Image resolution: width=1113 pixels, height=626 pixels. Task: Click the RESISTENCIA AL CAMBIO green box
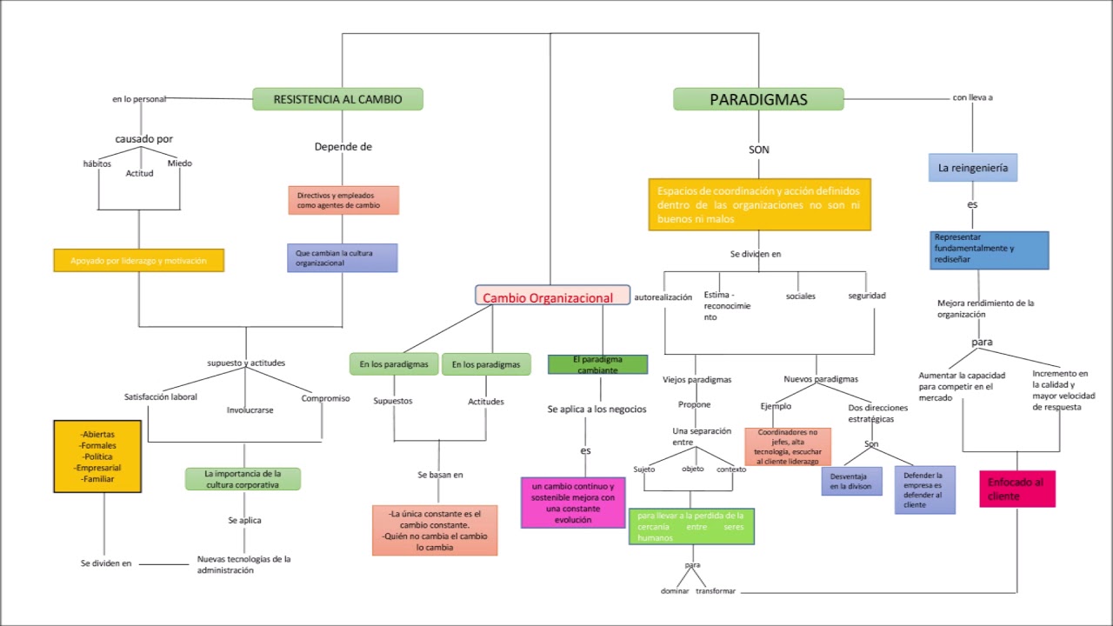pyautogui.click(x=337, y=99)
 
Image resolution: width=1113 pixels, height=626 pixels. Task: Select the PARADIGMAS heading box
pyautogui.click(x=758, y=99)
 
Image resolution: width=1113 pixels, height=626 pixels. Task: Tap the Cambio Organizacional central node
pyautogui.click(x=552, y=296)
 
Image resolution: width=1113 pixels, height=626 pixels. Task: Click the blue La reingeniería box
pyautogui.click(x=972, y=168)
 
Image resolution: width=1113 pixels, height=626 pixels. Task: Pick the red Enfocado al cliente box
pyautogui.click(x=1016, y=489)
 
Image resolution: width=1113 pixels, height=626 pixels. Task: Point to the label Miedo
pyautogui.click(x=180, y=163)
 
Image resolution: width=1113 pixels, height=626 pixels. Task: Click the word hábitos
pyautogui.click(x=97, y=163)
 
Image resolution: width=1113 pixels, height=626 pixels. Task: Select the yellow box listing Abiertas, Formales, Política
pyautogui.click(x=97, y=456)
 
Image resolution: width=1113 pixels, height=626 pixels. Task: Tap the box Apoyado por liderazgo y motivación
pyautogui.click(x=138, y=260)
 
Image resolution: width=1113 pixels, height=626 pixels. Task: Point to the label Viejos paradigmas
pyautogui.click(x=696, y=380)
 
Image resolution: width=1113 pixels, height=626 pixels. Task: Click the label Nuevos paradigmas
pyautogui.click(x=820, y=379)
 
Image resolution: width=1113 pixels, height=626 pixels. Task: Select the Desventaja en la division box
pyautogui.click(x=851, y=481)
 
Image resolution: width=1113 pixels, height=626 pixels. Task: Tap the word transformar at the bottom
pyautogui.click(x=716, y=591)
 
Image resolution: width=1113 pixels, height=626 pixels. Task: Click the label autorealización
pyautogui.click(x=663, y=296)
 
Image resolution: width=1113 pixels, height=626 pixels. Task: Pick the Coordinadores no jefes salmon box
pyautogui.click(x=787, y=447)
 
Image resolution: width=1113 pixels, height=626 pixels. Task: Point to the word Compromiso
pyautogui.click(x=325, y=398)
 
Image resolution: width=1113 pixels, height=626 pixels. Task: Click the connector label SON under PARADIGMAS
pyautogui.click(x=758, y=150)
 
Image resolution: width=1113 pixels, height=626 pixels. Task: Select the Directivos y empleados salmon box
pyautogui.click(x=343, y=200)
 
